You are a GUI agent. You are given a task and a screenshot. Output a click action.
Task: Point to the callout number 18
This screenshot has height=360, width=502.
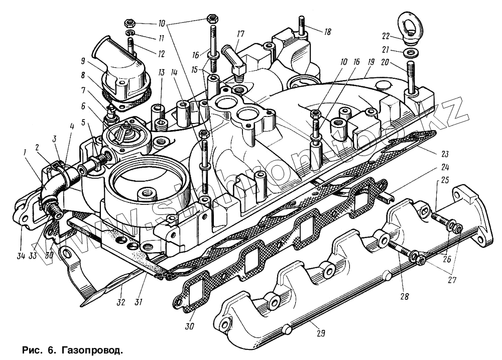327,32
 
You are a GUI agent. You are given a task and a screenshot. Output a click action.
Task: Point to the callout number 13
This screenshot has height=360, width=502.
161,73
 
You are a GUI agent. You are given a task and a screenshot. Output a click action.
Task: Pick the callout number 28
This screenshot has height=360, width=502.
404,296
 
